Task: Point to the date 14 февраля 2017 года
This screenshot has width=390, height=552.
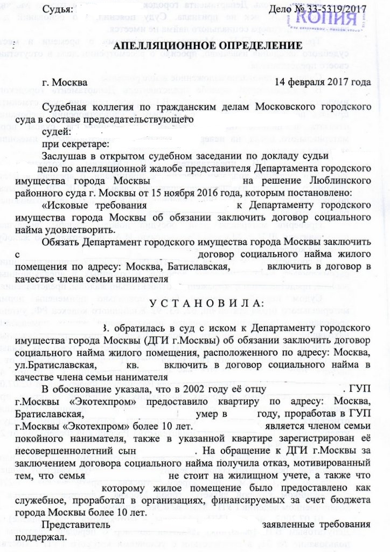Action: point(323,82)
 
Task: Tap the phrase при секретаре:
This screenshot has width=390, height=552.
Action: point(76,143)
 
